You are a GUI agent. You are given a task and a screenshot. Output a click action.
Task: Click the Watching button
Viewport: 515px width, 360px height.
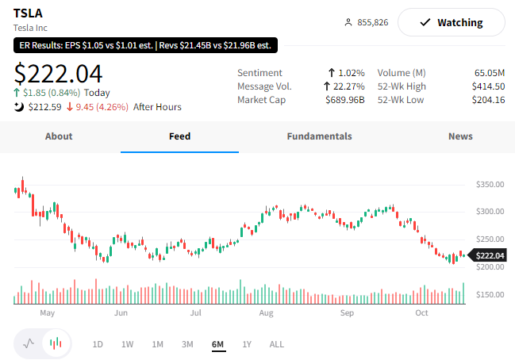451,22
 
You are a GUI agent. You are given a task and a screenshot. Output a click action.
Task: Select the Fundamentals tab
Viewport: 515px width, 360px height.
319,136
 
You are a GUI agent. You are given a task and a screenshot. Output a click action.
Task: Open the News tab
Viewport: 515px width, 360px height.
460,136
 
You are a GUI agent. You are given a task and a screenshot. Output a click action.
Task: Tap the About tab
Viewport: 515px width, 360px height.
59,136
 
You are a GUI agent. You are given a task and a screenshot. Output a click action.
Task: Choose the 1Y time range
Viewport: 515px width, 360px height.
247,344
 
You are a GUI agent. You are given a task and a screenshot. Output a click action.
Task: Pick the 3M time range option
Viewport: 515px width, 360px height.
187,344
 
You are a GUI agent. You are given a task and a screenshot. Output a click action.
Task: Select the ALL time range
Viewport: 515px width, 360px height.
277,344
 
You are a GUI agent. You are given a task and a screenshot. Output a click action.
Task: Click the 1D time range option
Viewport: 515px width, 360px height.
98,344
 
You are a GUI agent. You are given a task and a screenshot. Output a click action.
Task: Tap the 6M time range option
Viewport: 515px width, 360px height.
217,344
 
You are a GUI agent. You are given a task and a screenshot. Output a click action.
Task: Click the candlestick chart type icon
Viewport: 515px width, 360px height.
56,343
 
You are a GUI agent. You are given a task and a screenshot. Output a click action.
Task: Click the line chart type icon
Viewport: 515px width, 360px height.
29,343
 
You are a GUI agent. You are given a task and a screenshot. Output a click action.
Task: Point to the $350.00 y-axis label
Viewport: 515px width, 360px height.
490,184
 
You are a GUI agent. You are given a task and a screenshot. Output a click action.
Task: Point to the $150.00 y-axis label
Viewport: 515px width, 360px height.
490,295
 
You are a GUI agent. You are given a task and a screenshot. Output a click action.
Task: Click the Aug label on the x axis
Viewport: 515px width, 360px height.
266,313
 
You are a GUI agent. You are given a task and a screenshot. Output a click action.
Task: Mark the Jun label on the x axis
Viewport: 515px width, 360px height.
121,313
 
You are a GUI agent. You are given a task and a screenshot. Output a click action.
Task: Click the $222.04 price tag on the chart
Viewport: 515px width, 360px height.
490,255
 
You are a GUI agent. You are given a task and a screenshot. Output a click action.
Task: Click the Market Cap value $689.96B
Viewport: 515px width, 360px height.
345,100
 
